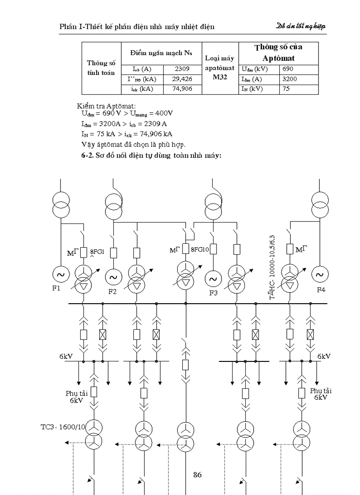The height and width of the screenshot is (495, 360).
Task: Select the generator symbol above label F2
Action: pyautogui.click(x=113, y=277)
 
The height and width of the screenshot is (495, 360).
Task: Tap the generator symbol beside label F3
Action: pyautogui.click(x=213, y=278)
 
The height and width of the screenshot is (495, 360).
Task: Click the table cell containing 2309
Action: pyautogui.click(x=182, y=69)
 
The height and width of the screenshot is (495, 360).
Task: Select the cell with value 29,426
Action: pyautogui.click(x=182, y=79)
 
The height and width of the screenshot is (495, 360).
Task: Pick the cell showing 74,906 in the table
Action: pyautogui.click(x=182, y=89)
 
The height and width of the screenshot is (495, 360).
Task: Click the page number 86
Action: pyautogui.click(x=197, y=475)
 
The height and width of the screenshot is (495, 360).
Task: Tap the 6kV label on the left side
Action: pyautogui.click(x=66, y=356)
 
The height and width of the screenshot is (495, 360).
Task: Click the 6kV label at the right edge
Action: pyautogui.click(x=324, y=356)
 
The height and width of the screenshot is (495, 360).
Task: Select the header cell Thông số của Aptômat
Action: pyautogui.click(x=278, y=52)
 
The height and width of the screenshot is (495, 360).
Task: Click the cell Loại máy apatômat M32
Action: pyautogui.click(x=220, y=68)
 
